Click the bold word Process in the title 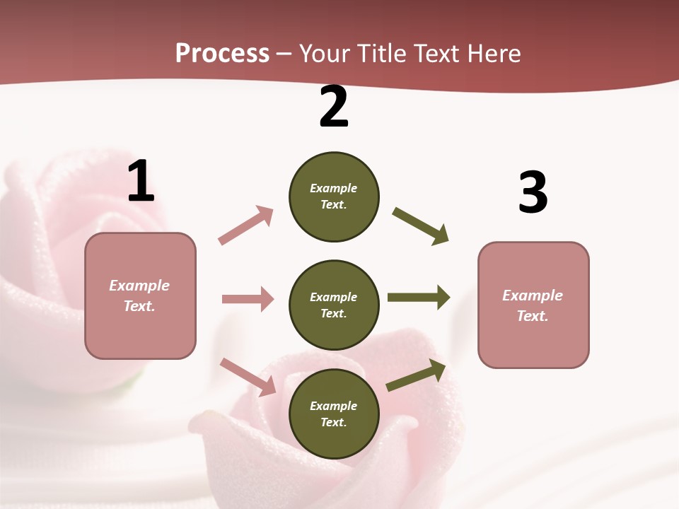(222, 54)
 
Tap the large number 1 (141, 182)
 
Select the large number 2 (334, 107)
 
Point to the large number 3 (533, 193)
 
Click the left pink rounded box (140, 296)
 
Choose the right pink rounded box (533, 305)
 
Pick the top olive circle (334, 197)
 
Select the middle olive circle (334, 305)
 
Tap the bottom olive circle (334, 414)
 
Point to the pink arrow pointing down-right (248, 377)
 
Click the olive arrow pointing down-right (421, 226)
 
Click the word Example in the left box (139, 286)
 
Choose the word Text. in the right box (533, 316)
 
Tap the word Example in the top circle (334, 188)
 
